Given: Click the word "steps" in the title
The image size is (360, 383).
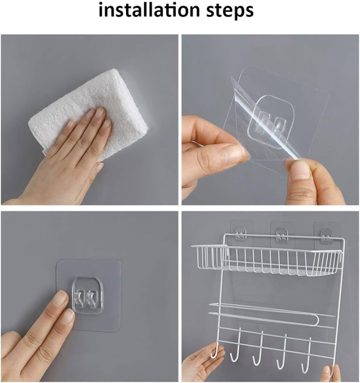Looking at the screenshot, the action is tap(230, 11).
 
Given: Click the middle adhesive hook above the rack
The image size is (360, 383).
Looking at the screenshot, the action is tap(282, 235).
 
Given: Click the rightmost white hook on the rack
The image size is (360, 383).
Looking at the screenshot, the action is tap(306, 355).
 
